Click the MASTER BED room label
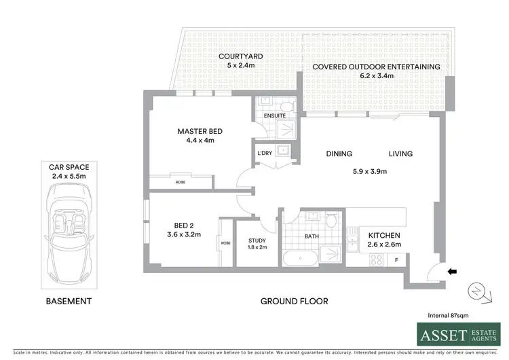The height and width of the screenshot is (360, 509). click(200, 131)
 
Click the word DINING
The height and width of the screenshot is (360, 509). click(339, 154)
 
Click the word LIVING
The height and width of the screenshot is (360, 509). click(400, 154)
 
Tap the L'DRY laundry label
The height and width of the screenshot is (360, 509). click(265, 153)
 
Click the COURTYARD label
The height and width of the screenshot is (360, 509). click(236, 56)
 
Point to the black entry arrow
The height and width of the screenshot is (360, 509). click(453, 272)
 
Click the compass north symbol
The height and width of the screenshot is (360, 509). click(478, 291)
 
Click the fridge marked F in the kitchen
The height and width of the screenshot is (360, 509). click(396, 259)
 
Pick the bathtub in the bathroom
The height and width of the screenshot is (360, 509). click(299, 258)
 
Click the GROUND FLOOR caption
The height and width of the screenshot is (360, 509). click(295, 301)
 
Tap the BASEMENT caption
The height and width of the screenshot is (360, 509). click(69, 301)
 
